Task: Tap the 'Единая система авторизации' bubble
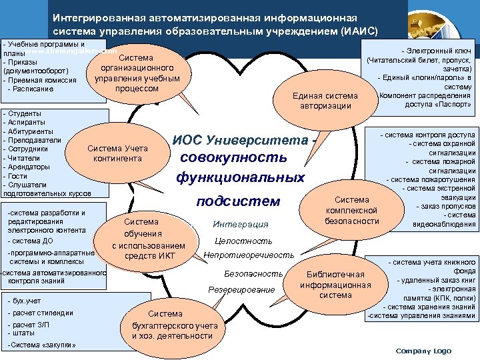pos(325,101)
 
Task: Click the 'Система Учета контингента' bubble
pos(118,153)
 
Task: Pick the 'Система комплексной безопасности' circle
pos(351,210)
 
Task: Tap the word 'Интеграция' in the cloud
pos(240,225)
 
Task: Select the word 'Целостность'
pos(243,241)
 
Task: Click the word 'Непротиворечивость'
pos(249,255)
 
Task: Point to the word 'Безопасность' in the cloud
pos(254,273)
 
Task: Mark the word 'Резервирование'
pos(241,289)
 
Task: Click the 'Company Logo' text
pos(423,351)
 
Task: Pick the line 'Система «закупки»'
pos(41,344)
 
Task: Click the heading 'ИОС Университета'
pos(241,141)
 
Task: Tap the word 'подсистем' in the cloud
pos(241,201)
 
